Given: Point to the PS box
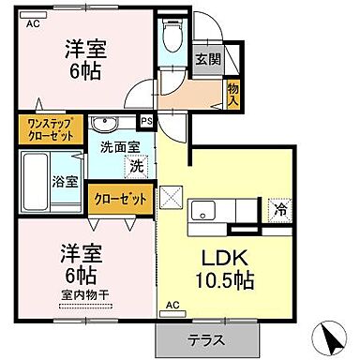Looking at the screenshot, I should tap(146, 122).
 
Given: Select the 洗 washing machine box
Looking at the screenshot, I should tap(137, 166).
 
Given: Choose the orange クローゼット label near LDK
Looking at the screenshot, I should tap(120, 200).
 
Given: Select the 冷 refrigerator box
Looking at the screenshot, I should tap(279, 211).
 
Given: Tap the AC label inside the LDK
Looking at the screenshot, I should tap(172, 305).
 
